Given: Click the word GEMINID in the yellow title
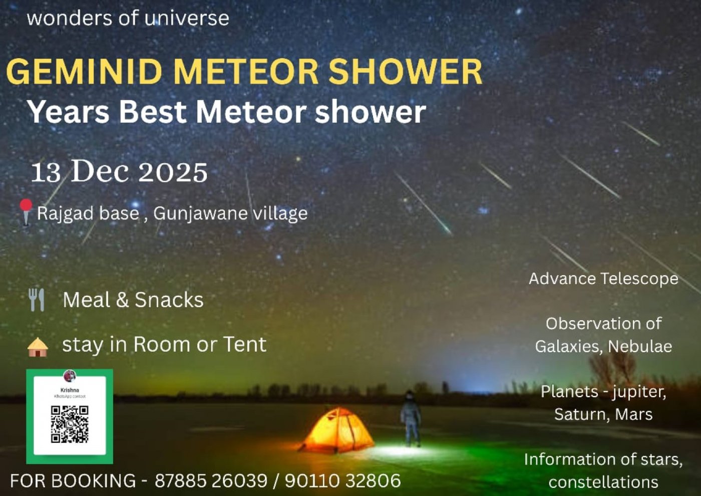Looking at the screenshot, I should click(84, 72).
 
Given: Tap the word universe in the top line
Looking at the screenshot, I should click(186, 19).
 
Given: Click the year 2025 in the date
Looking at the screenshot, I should click(172, 172).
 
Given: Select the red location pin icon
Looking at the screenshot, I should click(26, 210).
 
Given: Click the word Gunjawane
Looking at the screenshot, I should click(200, 214).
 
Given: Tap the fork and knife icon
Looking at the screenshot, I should click(37, 300).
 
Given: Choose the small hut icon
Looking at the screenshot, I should click(38, 347).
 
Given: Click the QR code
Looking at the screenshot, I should click(70, 424).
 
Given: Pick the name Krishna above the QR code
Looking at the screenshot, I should click(70, 390).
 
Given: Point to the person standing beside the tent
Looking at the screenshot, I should click(411, 418).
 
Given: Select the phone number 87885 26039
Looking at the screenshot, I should click(211, 481).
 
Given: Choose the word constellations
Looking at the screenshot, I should click(603, 482).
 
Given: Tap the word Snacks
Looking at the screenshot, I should click(169, 300).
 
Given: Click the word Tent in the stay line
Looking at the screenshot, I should click(244, 345).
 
